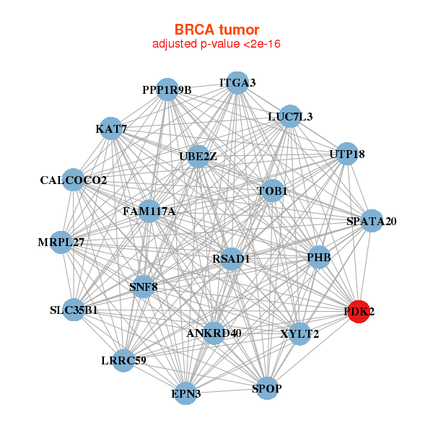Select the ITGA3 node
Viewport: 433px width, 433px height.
pos(237,83)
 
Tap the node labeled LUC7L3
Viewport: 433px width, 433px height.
pos(289,116)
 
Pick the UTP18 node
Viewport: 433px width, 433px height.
pos(347,154)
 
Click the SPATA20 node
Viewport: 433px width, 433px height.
pos(371,221)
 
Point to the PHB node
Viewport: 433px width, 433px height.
pos(318,257)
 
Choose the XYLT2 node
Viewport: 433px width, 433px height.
pos(299,333)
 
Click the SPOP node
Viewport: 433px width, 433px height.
pos(267,389)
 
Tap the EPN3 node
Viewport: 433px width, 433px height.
pos(186,393)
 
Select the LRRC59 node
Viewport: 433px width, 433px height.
pos(123,360)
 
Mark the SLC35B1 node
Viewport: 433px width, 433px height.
pos(74,311)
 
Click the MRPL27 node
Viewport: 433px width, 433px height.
pos(61,242)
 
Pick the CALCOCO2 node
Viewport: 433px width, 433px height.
pos(74,180)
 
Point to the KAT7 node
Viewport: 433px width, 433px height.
pos(111,129)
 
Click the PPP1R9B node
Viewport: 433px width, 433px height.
pos(167,90)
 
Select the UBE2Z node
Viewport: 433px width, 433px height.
pos(198,156)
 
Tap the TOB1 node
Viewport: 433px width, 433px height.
pos(272,191)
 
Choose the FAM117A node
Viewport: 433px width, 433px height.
pos(149,211)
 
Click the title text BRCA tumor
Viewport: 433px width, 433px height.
pos(216,30)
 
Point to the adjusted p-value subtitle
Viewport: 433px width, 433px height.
pos(216,44)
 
